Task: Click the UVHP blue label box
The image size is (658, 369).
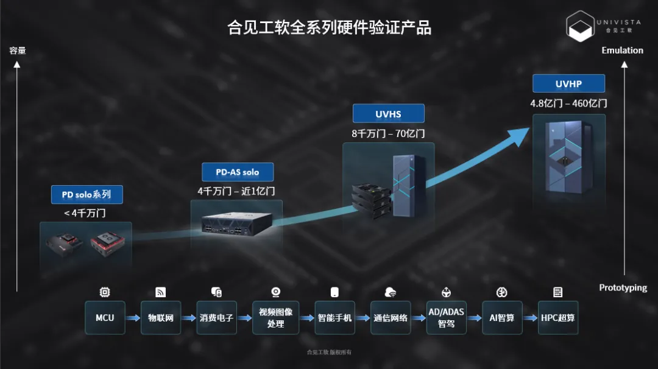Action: pyautogui.click(x=568, y=83)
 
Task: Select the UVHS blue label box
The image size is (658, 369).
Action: pyautogui.click(x=388, y=114)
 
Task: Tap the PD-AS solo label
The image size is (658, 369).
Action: pyautogui.click(x=238, y=172)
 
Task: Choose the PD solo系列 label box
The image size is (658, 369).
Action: pyautogui.click(x=87, y=195)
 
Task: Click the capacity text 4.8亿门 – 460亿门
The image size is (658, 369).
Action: pyautogui.click(x=568, y=103)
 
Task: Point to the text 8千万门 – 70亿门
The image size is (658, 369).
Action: pyautogui.click(x=388, y=133)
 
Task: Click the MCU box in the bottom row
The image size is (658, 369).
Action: pyautogui.click(x=105, y=318)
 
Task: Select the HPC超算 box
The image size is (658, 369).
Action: pyautogui.click(x=557, y=318)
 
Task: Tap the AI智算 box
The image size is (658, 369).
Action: pyautogui.click(x=502, y=318)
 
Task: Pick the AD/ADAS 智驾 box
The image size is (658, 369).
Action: pyautogui.click(x=446, y=318)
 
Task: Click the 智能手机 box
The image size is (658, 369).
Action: pyautogui.click(x=334, y=318)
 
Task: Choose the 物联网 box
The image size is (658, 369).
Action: pyautogui.click(x=161, y=318)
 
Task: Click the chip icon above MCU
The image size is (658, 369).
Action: pyautogui.click(x=105, y=292)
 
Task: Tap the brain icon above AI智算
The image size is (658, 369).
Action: pyautogui.click(x=502, y=292)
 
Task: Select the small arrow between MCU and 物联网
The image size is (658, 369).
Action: pyautogui.click(x=133, y=318)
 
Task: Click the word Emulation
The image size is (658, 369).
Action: pyautogui.click(x=622, y=51)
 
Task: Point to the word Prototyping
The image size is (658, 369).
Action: pyautogui.click(x=623, y=287)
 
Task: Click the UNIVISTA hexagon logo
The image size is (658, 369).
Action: pyautogui.click(x=580, y=26)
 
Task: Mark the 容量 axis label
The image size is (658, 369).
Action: pyautogui.click(x=18, y=51)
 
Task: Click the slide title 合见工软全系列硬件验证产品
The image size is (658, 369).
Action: pyautogui.click(x=330, y=27)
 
